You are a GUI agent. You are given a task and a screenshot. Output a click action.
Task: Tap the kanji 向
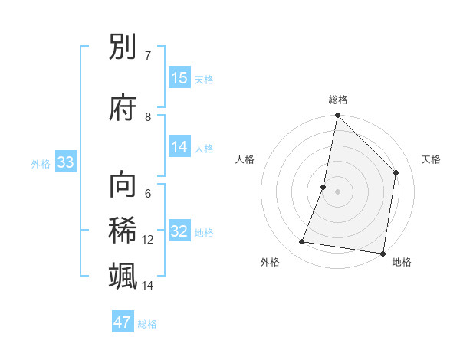[123, 185]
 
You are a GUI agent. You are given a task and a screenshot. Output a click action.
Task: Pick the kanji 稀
[123, 230]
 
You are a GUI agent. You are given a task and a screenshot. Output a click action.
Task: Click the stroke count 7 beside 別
[147, 56]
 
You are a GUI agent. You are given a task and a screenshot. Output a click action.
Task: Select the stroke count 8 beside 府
[148, 117]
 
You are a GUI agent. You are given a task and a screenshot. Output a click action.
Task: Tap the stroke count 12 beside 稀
[148, 240]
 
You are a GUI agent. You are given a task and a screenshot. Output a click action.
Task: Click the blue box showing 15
[179, 78]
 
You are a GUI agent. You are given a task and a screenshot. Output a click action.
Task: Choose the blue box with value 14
[179, 147]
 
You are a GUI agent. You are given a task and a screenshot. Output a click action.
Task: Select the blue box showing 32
[179, 231]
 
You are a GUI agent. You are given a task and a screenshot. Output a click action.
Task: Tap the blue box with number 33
[65, 162]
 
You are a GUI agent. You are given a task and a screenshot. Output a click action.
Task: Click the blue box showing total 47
[123, 322]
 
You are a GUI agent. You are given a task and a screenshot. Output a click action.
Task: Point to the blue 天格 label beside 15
[204, 80]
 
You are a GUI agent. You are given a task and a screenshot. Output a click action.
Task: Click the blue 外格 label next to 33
[41, 163]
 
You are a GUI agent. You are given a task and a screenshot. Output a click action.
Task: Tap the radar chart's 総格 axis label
[338, 100]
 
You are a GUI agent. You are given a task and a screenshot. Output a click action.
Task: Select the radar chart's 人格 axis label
[245, 159]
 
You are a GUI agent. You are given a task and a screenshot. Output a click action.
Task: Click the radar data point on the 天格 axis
[396, 172]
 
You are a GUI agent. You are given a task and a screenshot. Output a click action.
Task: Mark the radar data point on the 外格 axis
[302, 242]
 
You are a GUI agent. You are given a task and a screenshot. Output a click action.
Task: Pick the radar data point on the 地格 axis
[383, 253]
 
